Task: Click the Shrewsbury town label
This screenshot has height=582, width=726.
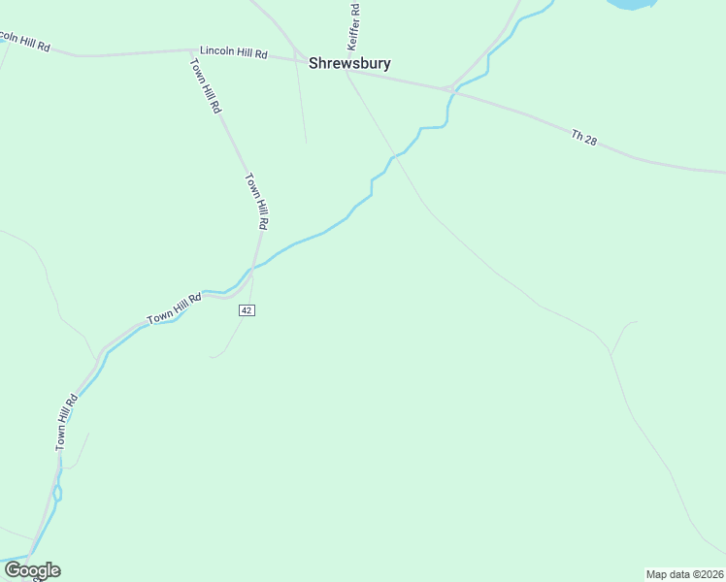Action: coord(349,63)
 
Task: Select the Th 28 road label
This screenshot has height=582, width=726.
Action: coord(584,138)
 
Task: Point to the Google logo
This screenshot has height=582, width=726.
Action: coord(32,570)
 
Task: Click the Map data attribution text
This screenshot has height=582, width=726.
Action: coord(684,573)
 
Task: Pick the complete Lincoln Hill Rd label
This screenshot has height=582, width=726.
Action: coord(233,53)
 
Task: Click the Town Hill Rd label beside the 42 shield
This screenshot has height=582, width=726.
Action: coord(173,307)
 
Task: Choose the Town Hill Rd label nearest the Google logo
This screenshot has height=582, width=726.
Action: coord(65,422)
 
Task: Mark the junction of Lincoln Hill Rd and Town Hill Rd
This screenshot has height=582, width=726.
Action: coord(192,49)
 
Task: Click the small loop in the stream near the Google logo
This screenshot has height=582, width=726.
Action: coord(57,493)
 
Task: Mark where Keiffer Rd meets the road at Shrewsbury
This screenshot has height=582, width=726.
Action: coord(345,69)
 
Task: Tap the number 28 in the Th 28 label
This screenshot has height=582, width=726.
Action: coord(590,141)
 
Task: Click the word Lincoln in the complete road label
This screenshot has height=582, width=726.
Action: coord(218,51)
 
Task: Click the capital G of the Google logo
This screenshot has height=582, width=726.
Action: coord(13,569)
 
